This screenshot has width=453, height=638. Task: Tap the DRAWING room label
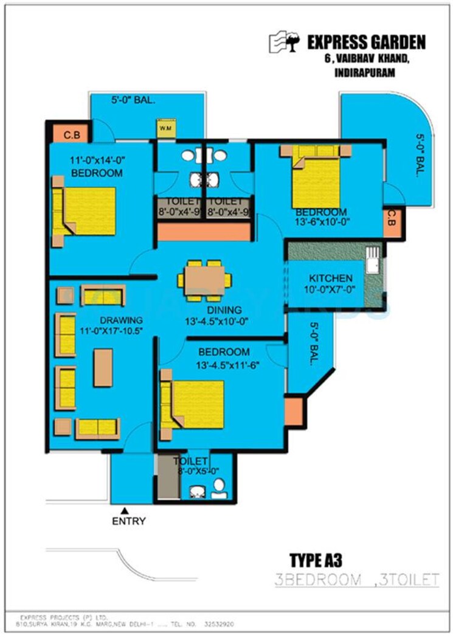[122, 320]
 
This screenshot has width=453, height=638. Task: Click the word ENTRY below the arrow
[128, 521]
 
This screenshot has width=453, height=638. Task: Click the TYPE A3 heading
[316, 558]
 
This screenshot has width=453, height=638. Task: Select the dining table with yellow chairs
[204, 280]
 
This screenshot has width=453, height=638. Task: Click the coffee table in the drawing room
[103, 367]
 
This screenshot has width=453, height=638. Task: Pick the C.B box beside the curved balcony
[393, 223]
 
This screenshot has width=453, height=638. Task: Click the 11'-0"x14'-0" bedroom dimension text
[97, 162]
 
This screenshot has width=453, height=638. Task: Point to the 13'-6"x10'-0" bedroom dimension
[320, 223]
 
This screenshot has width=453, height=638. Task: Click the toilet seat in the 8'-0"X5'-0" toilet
[219, 486]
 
